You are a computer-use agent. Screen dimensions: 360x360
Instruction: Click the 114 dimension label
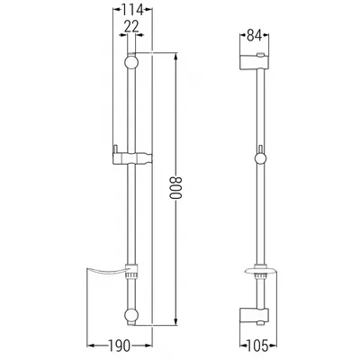point(132,11)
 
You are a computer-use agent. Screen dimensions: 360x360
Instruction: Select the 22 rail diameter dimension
point(131,27)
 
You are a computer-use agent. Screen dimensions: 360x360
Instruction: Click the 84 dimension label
point(254,35)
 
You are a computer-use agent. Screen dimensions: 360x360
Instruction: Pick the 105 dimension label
point(257,346)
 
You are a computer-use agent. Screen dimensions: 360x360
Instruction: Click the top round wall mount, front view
point(131,62)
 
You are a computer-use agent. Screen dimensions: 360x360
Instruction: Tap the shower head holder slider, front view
point(132,158)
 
